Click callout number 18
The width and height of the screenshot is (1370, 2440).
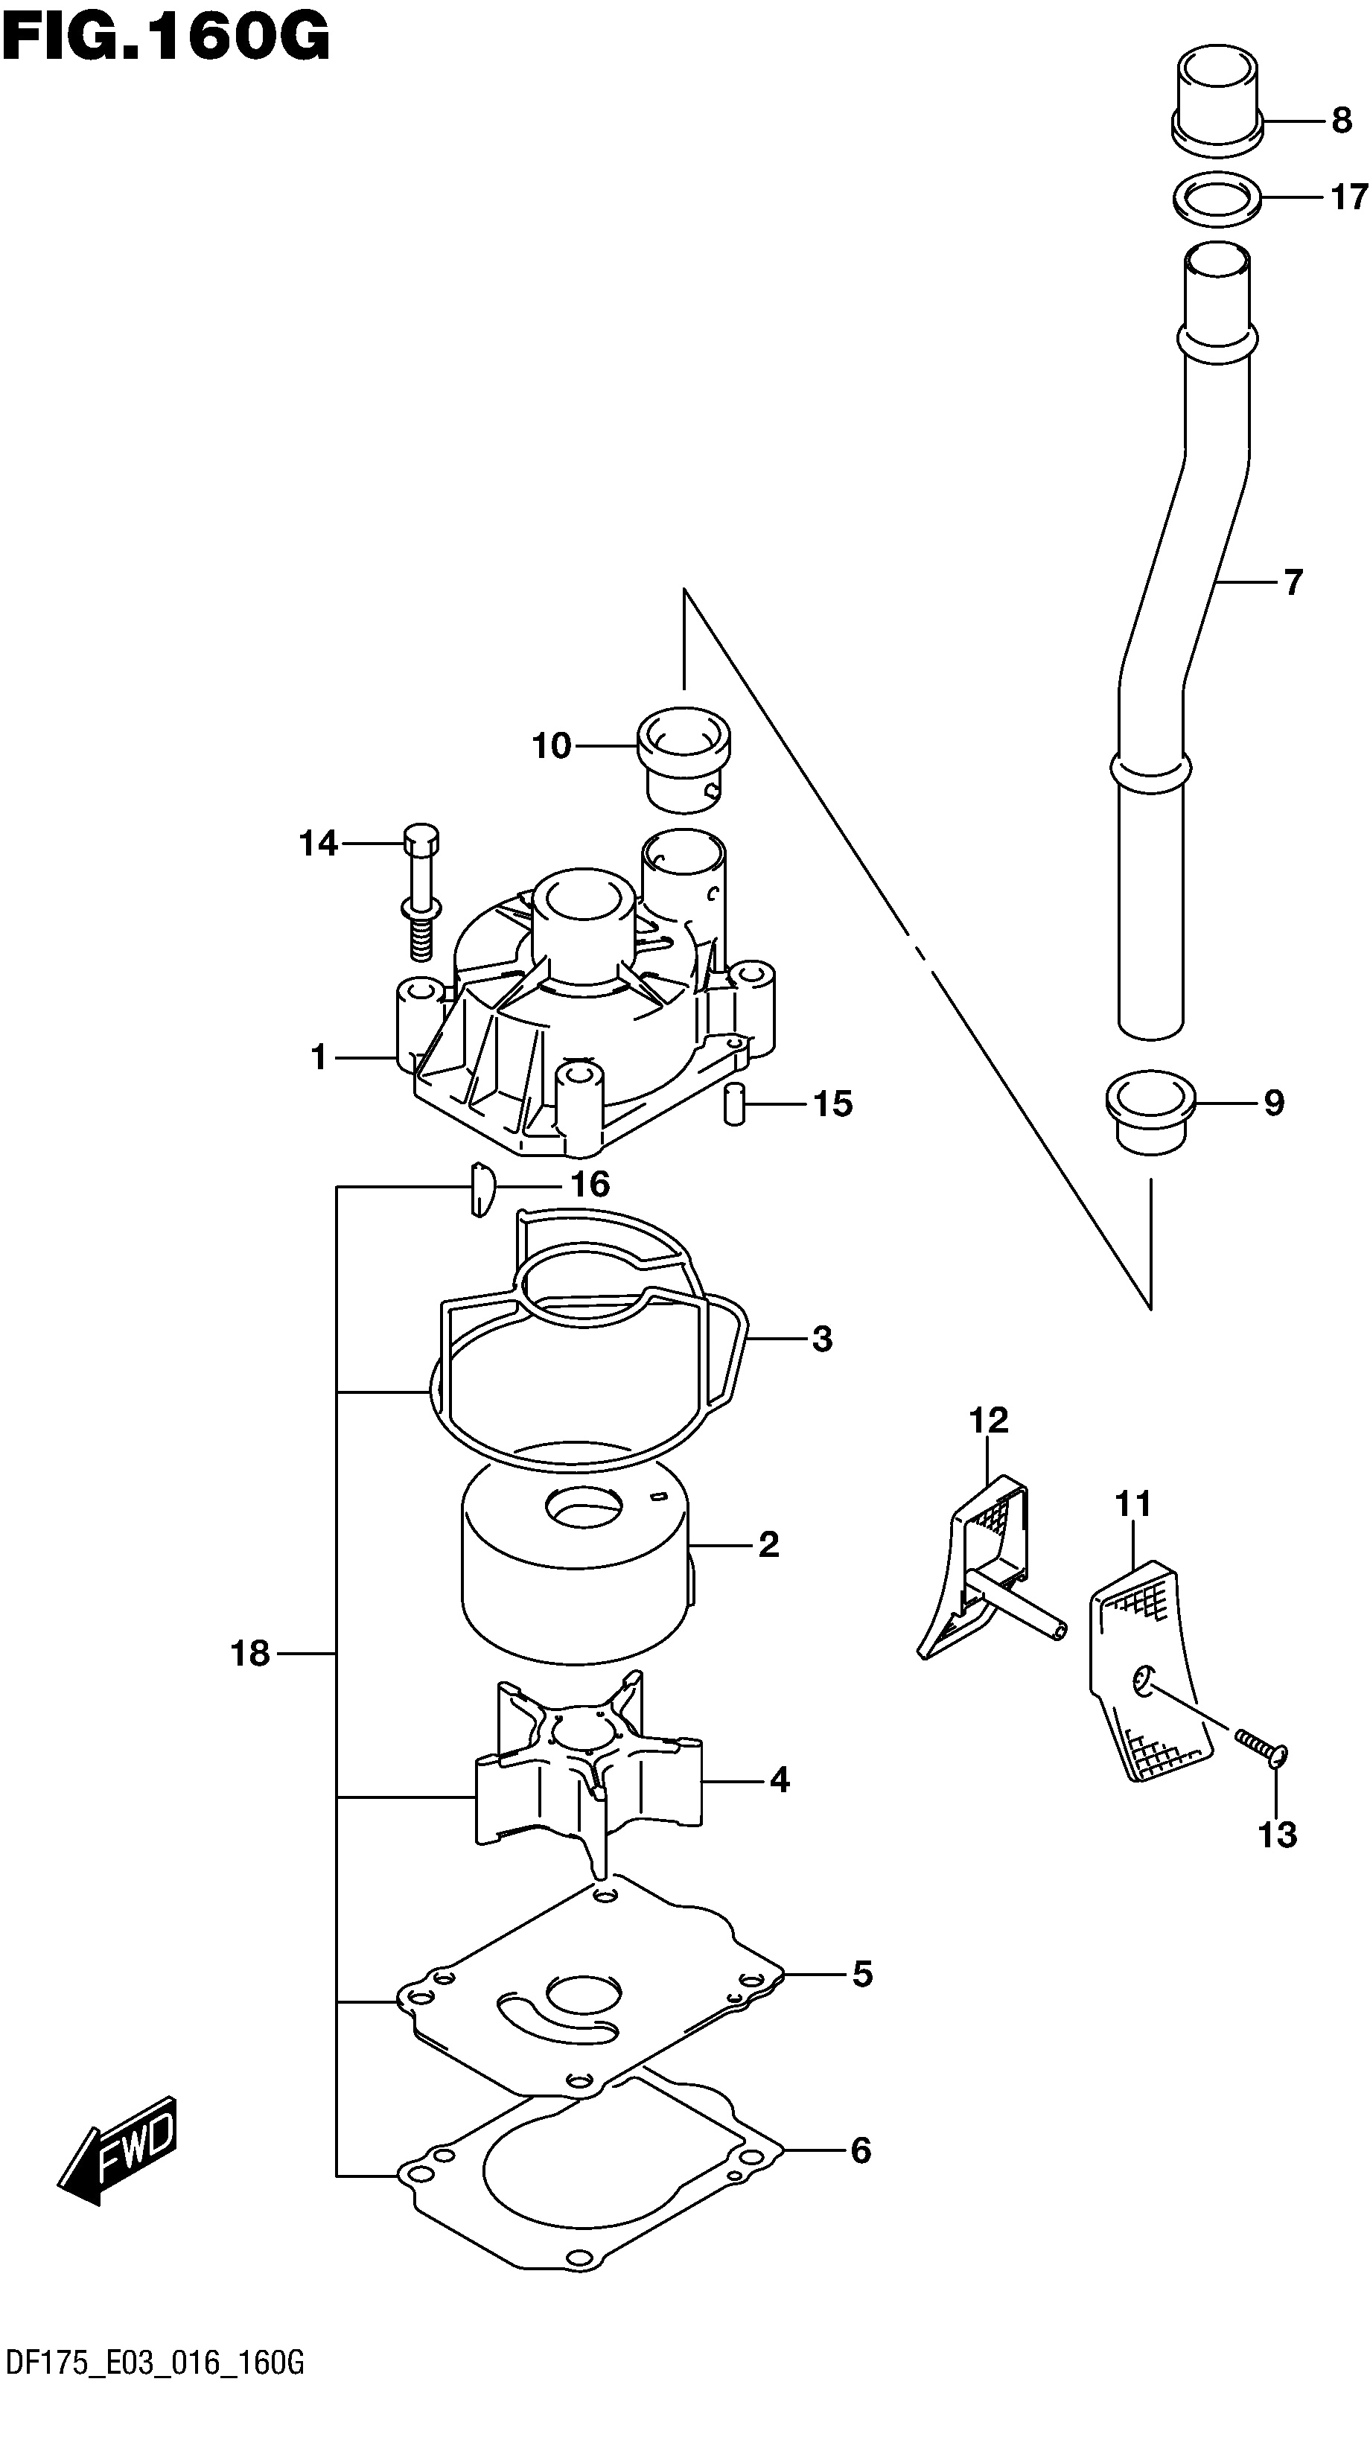250,1654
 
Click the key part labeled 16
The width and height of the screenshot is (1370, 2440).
481,1189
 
